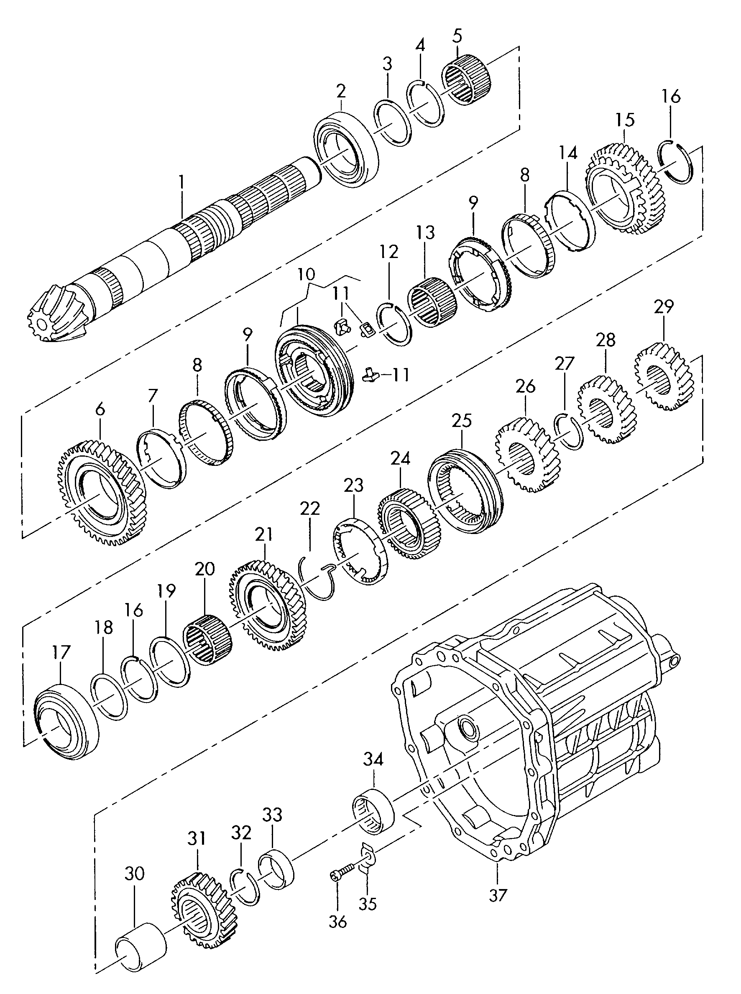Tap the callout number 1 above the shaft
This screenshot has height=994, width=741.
pyautogui.click(x=181, y=183)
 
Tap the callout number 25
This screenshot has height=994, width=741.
pyautogui.click(x=462, y=421)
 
